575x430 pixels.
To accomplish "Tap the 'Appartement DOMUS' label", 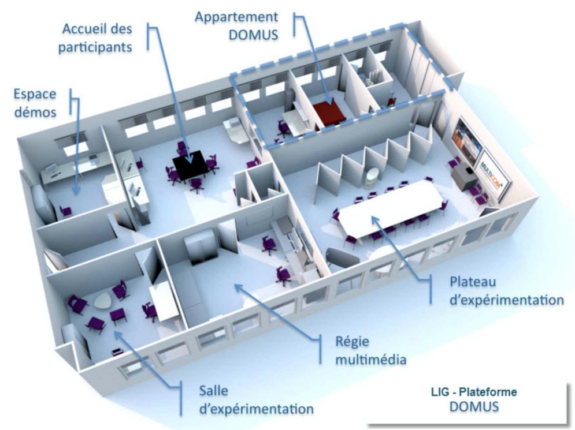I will (236, 25).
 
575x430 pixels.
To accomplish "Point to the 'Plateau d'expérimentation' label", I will (506, 291).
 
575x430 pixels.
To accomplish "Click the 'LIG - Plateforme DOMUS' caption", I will (474, 399).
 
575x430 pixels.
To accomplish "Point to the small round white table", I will (105, 300).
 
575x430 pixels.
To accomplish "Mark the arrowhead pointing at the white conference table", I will (372, 218).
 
